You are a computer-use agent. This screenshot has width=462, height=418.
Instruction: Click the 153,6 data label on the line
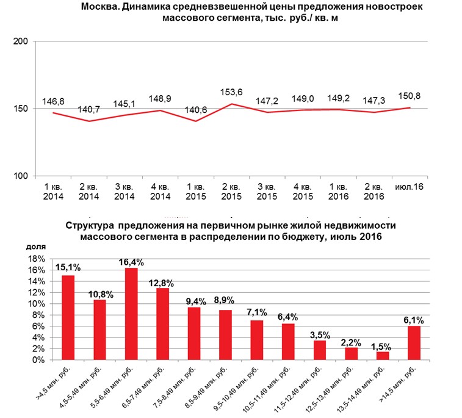[x=231, y=92]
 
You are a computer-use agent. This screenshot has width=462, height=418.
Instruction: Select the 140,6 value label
[x=196, y=110]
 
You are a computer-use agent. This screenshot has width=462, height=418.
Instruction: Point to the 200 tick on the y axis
[x=21, y=41]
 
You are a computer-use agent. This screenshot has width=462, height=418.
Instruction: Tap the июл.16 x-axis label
[x=409, y=187]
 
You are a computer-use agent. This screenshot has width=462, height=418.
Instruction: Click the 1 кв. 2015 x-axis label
[x=196, y=192]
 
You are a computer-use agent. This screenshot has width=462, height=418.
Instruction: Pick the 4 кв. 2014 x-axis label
[x=161, y=192]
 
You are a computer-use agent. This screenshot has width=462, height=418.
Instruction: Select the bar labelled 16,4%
[x=131, y=314]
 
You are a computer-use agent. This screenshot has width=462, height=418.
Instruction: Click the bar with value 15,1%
[x=68, y=318]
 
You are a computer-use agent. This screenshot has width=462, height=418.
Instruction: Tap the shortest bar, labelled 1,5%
[x=383, y=356]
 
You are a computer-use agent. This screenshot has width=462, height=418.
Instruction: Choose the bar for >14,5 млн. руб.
[x=414, y=343]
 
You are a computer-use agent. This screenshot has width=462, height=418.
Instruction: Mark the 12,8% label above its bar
[x=161, y=283]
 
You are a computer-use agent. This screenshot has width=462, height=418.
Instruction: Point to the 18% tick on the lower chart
[x=37, y=259]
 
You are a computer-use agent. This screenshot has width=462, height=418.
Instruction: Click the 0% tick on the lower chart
[x=38, y=360]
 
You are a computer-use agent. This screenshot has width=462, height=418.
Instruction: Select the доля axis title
[x=36, y=247]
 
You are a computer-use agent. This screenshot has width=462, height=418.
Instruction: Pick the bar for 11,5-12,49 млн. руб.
[x=320, y=350]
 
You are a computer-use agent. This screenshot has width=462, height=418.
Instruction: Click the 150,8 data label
[x=410, y=96]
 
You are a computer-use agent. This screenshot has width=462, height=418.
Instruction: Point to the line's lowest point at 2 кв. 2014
[x=89, y=121]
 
